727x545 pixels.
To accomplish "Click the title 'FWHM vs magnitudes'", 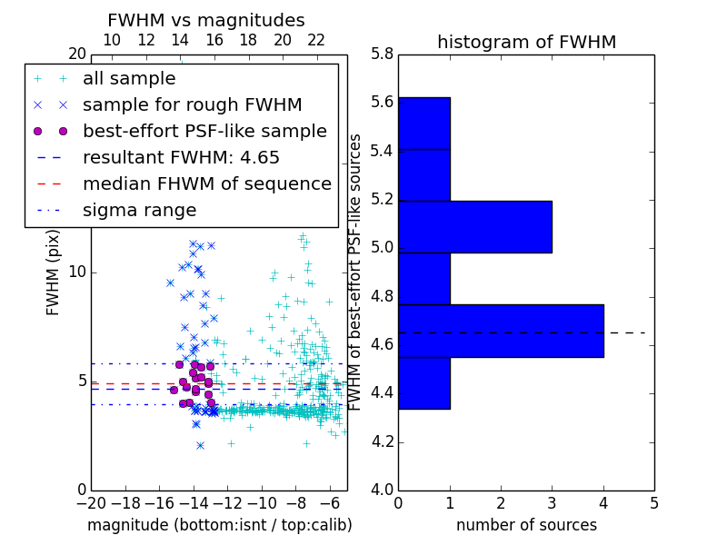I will pos(205,20).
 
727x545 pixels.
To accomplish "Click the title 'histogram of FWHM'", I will pos(526,42).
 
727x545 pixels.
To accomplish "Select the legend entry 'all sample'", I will pos(129,79).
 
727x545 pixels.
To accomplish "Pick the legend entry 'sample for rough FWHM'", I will pos(192,105).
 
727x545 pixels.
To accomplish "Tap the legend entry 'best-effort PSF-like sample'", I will pos(204,132).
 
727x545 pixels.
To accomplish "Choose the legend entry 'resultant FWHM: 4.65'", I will pos(181,158).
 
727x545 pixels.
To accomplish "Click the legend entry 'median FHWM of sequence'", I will pos(206,184).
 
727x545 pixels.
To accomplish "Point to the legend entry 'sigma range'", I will pos(139,211).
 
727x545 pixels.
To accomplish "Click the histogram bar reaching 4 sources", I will pos(501,331).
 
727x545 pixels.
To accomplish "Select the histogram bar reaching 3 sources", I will pos(474,226).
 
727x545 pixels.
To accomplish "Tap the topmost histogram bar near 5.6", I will pos(424,123).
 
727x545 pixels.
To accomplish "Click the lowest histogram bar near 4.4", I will pos(424,382).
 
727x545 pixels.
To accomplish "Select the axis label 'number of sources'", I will pos(526,525).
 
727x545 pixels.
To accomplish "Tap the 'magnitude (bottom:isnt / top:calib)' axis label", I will pos(219,525).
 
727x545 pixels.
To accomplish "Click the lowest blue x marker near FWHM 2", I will pos(200,445).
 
